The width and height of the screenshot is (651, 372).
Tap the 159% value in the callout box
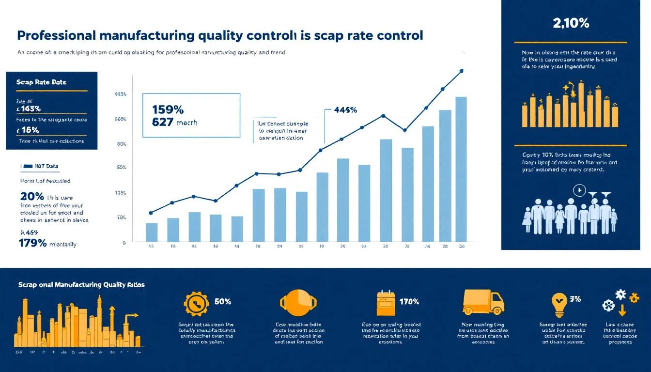pos(168,109)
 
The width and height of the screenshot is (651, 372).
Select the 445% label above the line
pos(345,110)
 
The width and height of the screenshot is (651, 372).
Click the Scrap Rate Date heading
pos(41,82)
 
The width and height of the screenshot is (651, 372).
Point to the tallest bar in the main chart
pos(461,169)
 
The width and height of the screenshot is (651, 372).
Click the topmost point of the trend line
pos(461,71)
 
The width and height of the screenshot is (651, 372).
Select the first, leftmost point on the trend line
pos(151,213)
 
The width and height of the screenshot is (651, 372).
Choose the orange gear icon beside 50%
pos(197,304)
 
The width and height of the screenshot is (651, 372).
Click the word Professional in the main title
pos(57,36)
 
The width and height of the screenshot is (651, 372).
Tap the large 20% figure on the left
pos(32,197)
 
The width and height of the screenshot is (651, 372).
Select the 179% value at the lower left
pos(32,244)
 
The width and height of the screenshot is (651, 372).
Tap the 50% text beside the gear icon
pos(222,301)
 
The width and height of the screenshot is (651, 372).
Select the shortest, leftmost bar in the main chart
pos(152,232)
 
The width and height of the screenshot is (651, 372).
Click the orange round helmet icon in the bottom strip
pos(298,303)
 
